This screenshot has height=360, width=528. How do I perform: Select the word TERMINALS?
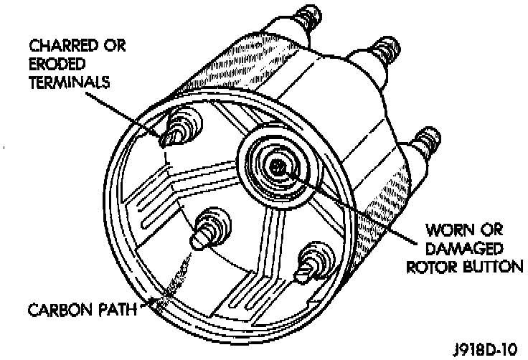pyautogui.click(x=69, y=81)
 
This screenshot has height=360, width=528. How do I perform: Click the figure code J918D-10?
pyautogui.click(x=486, y=350)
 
